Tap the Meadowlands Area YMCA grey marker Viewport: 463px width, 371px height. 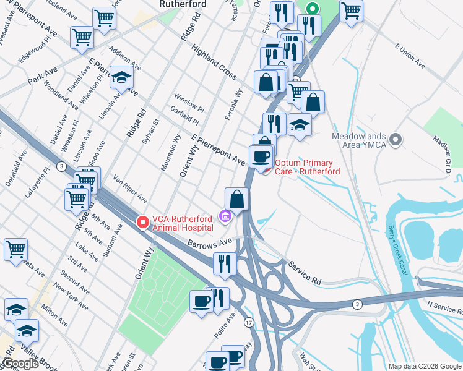coord(397,139)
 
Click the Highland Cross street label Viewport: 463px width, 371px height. coord(214,62)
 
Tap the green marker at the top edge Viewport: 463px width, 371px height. coord(313,9)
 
